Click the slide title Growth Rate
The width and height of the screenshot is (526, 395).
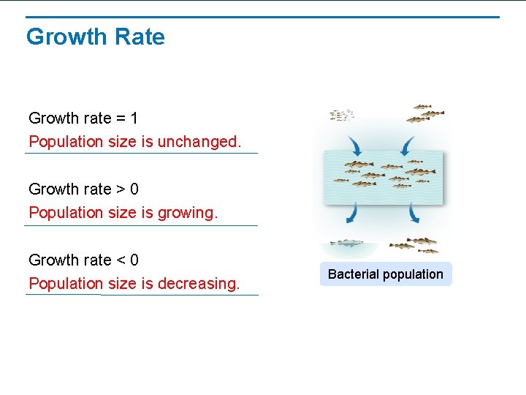pyautogui.click(x=96, y=37)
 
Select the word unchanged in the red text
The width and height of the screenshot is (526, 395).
pyautogui.click(x=199, y=141)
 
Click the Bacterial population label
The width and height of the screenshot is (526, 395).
pyautogui.click(x=385, y=274)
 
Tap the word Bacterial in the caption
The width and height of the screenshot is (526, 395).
pyautogui.click(x=354, y=274)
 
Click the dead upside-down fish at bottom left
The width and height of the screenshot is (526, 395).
pyautogui.click(x=346, y=243)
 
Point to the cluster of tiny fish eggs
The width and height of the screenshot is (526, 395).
pyautogui.click(x=342, y=114)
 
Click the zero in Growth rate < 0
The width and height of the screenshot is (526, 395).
pyautogui.click(x=134, y=260)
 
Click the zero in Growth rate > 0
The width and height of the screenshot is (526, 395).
pyautogui.click(x=134, y=189)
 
